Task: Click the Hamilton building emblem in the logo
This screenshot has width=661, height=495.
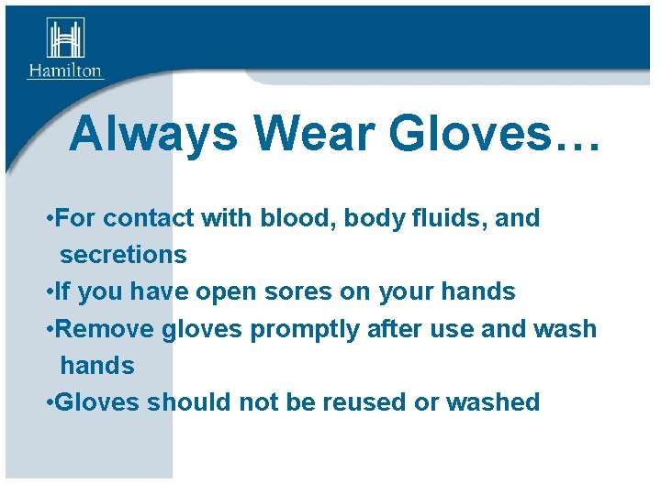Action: point(65,38)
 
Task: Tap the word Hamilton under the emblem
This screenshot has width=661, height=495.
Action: point(65,71)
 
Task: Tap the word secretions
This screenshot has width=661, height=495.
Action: point(123,255)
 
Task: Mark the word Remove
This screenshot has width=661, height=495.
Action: point(106,329)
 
